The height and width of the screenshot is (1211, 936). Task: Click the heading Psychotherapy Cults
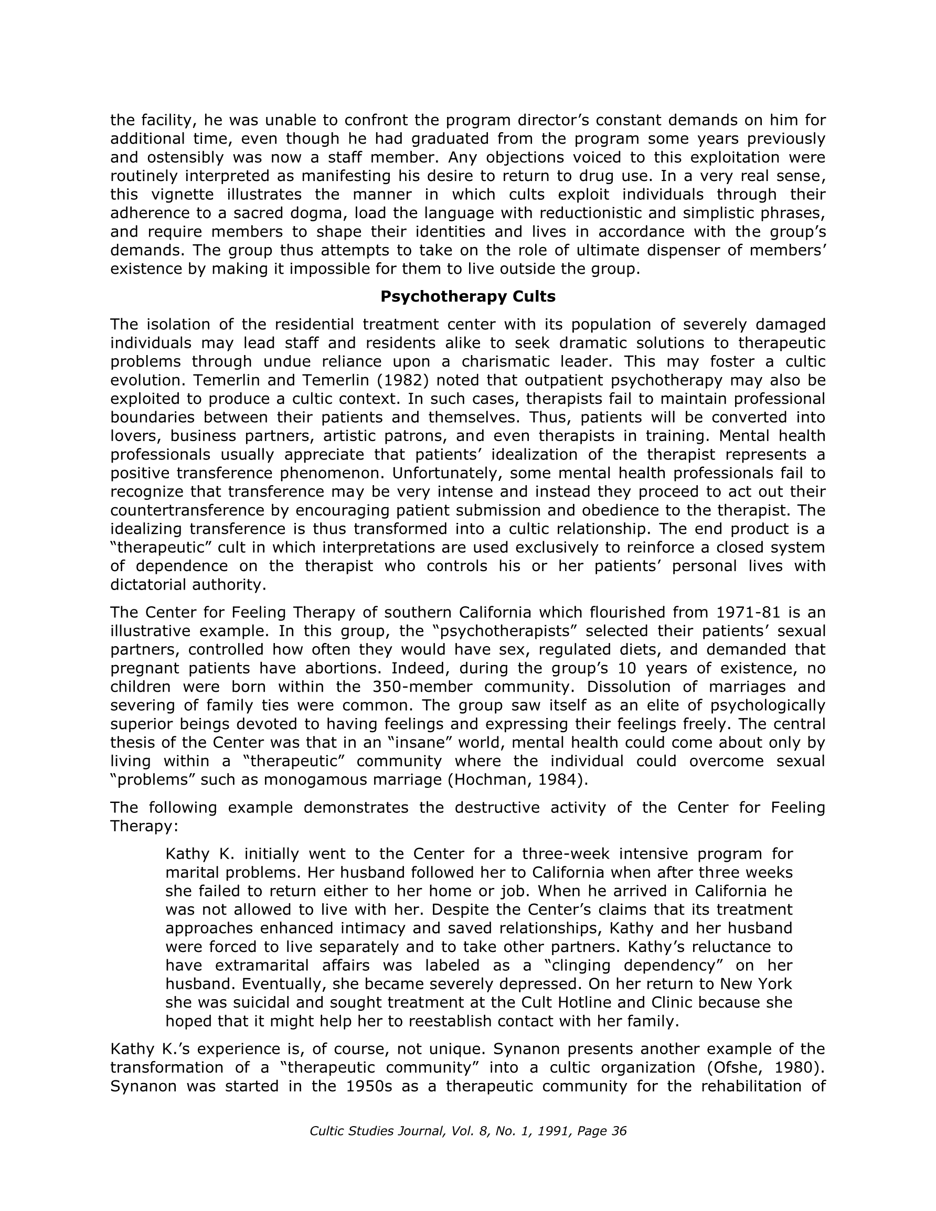[467, 297]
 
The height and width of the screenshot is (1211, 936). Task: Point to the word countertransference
[187, 510]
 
